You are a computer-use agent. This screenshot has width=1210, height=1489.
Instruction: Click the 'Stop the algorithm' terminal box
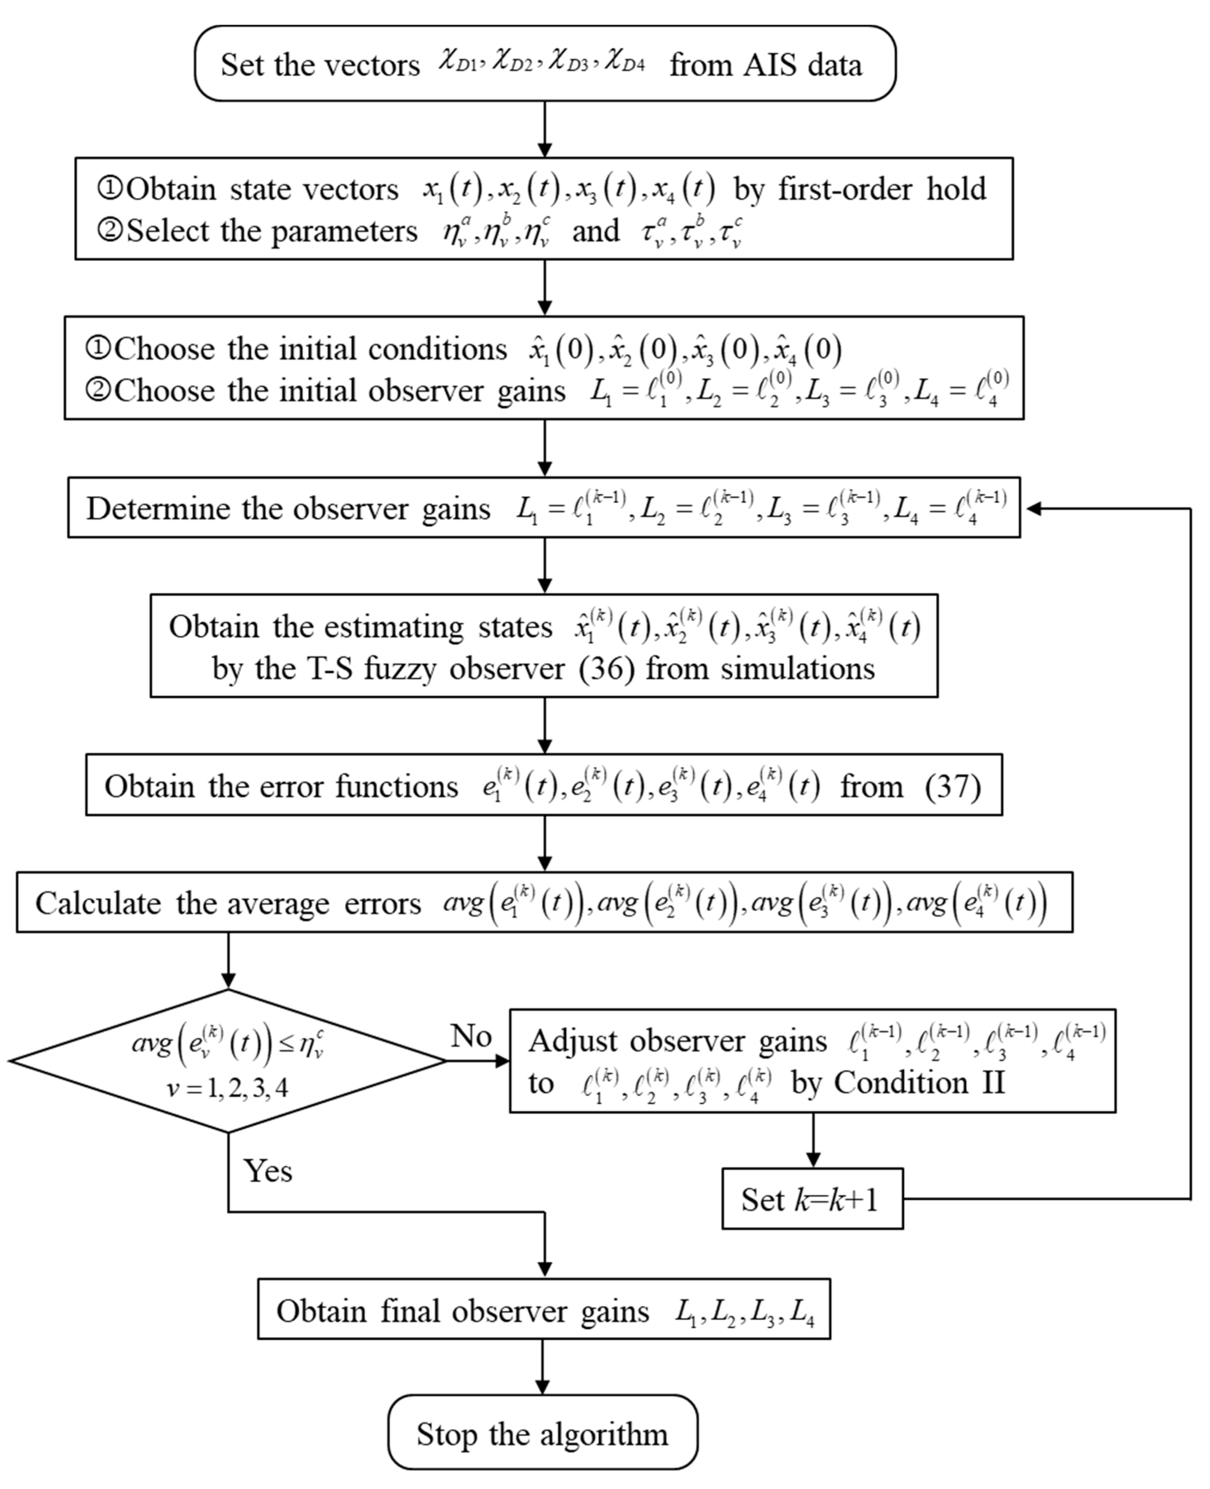(x=542, y=1434)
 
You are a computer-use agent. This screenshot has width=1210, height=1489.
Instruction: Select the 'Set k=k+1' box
(x=812, y=1199)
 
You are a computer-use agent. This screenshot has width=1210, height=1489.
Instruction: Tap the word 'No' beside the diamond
(x=471, y=1036)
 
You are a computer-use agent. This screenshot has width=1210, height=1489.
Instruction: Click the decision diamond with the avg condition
(x=228, y=1061)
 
